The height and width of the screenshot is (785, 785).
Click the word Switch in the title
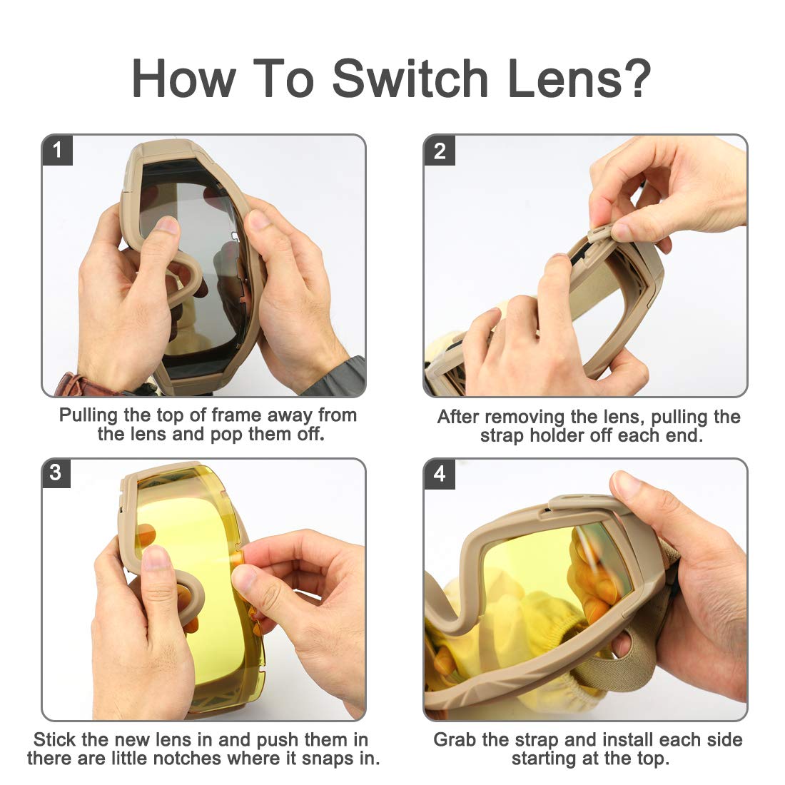pos(410,78)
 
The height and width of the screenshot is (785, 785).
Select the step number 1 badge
pos(57,150)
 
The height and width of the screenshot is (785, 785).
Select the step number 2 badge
pos(440,150)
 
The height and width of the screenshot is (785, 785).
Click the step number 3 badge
pos(56,473)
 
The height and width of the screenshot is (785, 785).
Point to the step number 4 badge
pos(440,474)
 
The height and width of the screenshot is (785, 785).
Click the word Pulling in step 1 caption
pos(88,415)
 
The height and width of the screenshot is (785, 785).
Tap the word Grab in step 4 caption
pos(455,739)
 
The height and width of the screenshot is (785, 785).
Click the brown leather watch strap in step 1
pos(75,385)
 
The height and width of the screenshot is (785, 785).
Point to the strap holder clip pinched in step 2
pos(600,233)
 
